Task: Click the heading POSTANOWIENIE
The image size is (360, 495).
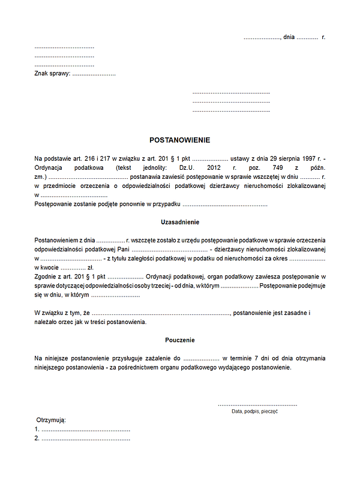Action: (x=180, y=140)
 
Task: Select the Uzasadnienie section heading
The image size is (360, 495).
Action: (x=180, y=222)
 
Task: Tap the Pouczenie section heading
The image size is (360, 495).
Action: (x=180, y=340)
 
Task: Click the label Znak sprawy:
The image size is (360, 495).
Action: (x=52, y=74)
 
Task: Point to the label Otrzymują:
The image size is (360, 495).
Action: (x=51, y=420)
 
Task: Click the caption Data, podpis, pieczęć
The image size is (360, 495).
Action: (x=254, y=412)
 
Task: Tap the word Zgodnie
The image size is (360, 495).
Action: (x=46, y=277)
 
